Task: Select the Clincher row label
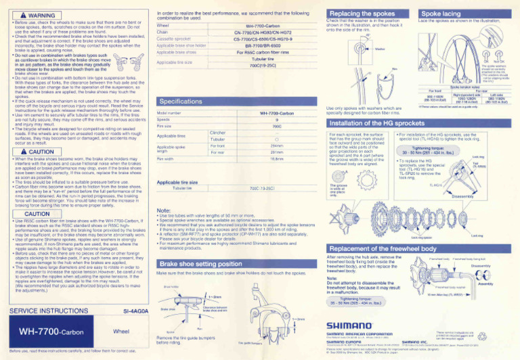pyautogui.click(x=199, y=133)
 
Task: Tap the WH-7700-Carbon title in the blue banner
pyautogui.click(x=51, y=332)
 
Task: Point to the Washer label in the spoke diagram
pyautogui.click(x=379, y=49)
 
